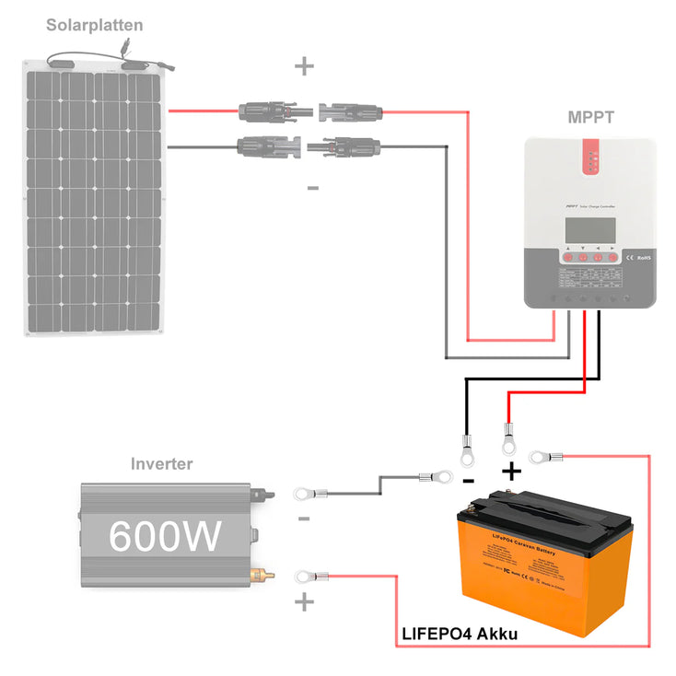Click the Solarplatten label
tap(95, 25)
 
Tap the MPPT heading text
tap(589, 118)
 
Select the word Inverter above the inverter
tap(162, 463)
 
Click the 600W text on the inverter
tap(165, 535)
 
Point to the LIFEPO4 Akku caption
tap(460, 635)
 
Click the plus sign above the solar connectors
tap(304, 66)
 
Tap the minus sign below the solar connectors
tap(312, 188)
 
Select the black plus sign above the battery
tap(511, 472)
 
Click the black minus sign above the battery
tap(468, 481)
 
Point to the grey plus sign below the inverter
tap(304, 604)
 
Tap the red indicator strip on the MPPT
tap(591, 156)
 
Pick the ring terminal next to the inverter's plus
tap(304, 577)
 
